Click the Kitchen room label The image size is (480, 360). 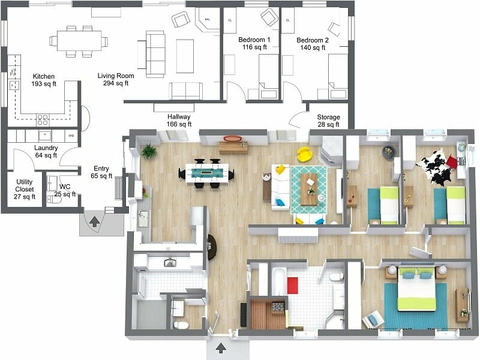tap(44, 80)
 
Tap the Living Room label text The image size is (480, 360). tap(116, 80)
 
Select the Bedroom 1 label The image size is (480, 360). tap(254, 43)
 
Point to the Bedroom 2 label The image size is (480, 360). tap(313, 43)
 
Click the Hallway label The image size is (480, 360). tap(179, 121)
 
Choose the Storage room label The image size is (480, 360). tap(328, 121)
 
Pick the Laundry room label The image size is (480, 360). tap(46, 151)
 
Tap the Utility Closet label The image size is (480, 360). tap(25, 188)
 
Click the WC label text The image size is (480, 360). tap(65, 190)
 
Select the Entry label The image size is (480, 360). tap(101, 173)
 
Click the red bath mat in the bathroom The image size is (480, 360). tap(293, 284)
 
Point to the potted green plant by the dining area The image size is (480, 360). tap(149, 151)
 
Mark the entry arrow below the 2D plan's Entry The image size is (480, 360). tap(94, 221)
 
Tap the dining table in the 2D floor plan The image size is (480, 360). tap(79, 41)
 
